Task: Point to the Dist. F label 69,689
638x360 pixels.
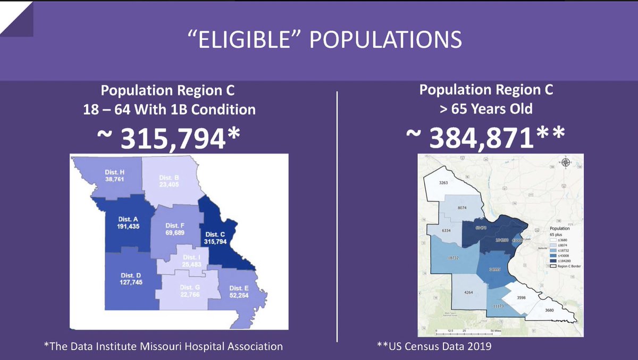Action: [175, 233]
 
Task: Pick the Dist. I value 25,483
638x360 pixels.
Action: [190, 264]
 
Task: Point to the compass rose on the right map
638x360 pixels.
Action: [565, 163]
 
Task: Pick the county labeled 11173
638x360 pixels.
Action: [498, 306]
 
